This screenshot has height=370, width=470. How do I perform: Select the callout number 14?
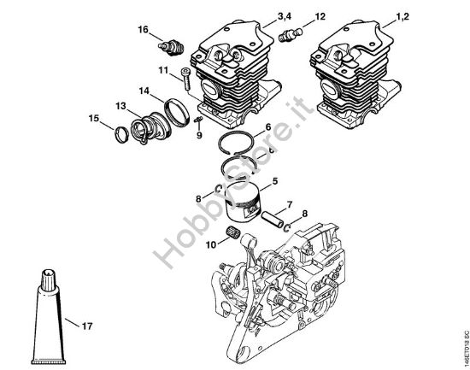(144, 90)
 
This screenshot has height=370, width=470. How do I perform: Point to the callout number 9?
(199, 134)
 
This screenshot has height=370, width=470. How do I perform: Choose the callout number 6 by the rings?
(267, 128)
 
